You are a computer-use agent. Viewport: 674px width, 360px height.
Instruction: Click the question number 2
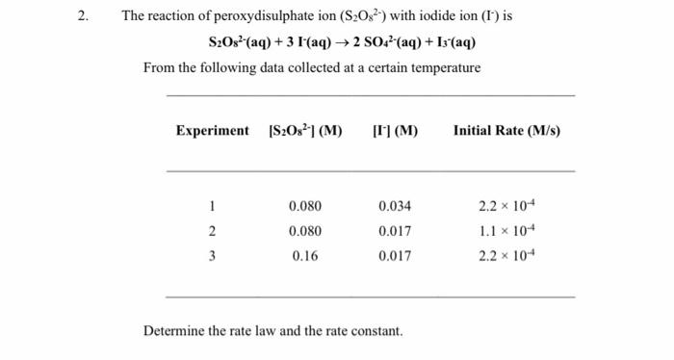85,16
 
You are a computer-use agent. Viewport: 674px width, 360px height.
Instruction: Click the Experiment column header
212,131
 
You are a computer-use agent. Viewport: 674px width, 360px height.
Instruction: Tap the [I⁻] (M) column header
395,131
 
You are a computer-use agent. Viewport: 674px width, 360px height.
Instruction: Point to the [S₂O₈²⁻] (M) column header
304,131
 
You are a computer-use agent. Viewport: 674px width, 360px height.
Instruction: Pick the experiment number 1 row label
212,206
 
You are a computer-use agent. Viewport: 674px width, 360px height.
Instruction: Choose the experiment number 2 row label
212,231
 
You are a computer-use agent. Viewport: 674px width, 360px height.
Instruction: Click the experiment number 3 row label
212,256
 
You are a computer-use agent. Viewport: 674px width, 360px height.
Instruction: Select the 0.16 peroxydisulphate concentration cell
304,256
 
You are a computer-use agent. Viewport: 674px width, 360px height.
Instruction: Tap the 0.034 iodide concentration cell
395,206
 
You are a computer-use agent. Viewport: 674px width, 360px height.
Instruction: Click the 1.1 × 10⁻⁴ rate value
506,231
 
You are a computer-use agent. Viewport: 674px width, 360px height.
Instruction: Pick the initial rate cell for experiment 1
506,206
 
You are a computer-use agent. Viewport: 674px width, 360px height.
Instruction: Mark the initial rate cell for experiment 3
506,256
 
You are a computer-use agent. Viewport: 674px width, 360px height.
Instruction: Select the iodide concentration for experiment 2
395,231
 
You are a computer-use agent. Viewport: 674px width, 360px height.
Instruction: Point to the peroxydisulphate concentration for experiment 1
304,206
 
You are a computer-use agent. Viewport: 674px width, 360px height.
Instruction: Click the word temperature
444,68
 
